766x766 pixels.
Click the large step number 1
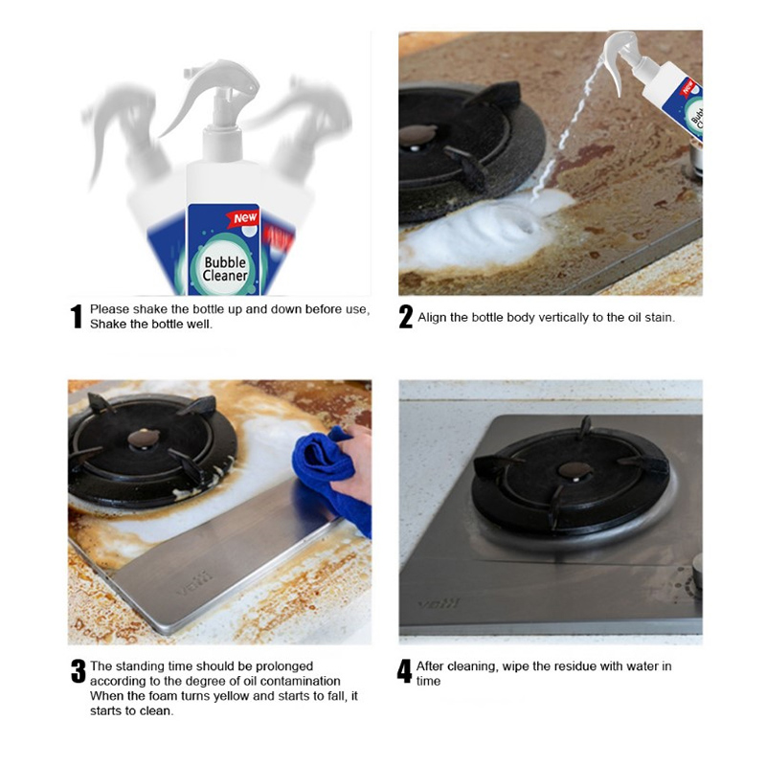coord(77,316)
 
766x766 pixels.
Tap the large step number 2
coord(405,316)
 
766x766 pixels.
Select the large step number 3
coord(79,671)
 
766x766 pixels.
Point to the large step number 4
coord(404,671)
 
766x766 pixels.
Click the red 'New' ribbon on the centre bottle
coord(242,218)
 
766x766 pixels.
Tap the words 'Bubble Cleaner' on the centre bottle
coord(225,269)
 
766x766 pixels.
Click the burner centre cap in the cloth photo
coord(144,438)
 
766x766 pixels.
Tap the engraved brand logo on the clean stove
coord(439,603)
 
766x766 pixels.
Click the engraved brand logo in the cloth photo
coord(194,583)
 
